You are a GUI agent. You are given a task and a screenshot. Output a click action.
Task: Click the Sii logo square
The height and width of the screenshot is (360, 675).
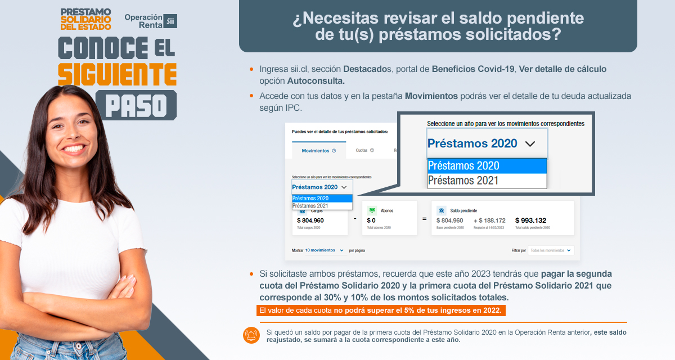pos(170,21)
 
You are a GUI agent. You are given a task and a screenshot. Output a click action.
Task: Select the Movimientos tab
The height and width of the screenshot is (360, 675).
pos(316,151)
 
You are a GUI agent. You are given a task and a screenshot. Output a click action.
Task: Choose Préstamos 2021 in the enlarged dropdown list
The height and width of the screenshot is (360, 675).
pos(463,181)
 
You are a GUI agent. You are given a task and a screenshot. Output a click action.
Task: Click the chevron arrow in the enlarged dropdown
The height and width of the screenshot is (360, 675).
pos(530,144)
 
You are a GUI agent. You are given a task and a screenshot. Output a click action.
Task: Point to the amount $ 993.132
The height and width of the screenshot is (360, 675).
pos(530,220)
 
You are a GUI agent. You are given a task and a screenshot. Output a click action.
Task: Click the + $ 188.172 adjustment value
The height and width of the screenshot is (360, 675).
pos(489,220)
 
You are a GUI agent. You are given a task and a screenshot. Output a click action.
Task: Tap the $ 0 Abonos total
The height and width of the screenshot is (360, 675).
pos(371,220)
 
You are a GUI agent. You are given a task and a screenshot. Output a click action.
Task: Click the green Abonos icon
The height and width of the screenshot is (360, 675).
pos(372,210)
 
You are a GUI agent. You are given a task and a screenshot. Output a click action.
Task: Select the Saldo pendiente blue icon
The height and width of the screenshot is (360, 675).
pos(442,210)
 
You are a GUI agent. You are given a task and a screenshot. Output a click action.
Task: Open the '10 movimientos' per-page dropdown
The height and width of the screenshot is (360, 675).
pos(325,250)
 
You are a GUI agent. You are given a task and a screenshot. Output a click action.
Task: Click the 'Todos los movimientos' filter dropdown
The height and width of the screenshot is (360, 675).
pos(551,250)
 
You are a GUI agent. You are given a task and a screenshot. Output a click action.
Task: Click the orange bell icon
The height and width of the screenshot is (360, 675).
pos(251,335)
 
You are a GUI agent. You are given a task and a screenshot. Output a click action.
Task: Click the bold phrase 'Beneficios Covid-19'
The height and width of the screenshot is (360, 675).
pos(473,69)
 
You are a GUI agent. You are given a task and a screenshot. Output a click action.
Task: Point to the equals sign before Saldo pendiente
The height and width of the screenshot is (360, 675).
pos(424,218)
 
